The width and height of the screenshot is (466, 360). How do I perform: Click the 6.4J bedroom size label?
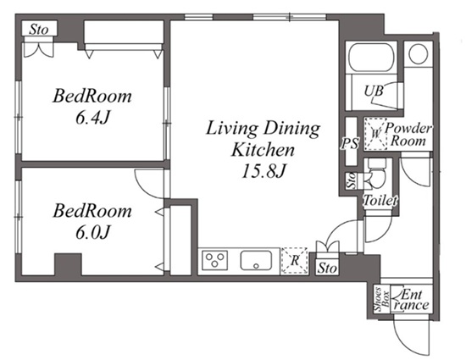pos(92,118)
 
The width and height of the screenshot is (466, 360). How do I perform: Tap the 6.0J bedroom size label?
pos(92,232)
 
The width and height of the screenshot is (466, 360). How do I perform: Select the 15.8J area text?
pos(264,171)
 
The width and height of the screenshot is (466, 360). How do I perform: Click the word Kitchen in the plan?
pos(263,149)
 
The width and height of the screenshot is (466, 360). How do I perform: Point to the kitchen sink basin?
pos(256,261)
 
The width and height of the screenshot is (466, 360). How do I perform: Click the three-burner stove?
pos(215,260)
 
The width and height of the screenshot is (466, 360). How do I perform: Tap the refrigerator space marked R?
pos(295,261)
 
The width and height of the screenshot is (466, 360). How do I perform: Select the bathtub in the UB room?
pos(370,58)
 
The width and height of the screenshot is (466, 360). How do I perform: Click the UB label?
pos(374,91)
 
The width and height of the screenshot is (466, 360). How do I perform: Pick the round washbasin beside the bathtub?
pos(419,53)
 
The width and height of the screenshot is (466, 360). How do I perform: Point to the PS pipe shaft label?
pos(350,143)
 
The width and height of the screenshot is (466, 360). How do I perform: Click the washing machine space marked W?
pos(376,133)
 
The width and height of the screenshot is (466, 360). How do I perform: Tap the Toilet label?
pos(380,201)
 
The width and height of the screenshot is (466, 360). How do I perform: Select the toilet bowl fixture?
pos(376,174)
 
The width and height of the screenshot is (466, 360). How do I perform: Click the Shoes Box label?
pos(381,299)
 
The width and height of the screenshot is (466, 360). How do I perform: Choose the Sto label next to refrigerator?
pos(327,269)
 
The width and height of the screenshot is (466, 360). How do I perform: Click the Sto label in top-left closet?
pos(39,30)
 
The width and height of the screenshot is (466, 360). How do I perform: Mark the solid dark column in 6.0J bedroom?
pos(68,264)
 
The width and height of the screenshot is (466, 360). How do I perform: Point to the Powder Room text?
pos(408,135)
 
